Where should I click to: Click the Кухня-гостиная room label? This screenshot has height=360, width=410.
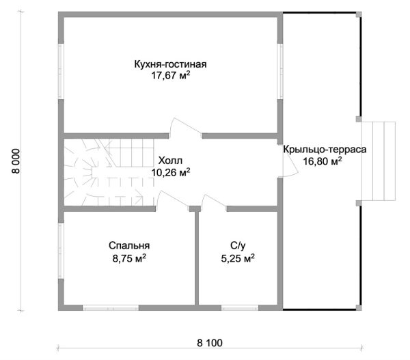[170, 64]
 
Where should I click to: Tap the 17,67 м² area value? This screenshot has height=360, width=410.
[170, 76]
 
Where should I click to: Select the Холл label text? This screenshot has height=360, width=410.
[170, 161]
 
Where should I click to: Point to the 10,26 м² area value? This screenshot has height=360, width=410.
[170, 172]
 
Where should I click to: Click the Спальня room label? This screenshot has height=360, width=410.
[129, 246]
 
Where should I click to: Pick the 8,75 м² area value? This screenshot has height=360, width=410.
[129, 259]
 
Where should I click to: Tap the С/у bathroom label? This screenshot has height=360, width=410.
[238, 246]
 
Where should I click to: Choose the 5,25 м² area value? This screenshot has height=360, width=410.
[238, 259]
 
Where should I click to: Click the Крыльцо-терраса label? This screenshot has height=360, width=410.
[325, 150]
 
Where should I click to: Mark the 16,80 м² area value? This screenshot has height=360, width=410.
[323, 161]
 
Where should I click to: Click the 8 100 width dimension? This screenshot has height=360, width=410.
[210, 343]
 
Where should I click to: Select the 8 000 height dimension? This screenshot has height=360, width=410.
[16, 161]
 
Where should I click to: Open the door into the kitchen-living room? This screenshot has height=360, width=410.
[185, 128]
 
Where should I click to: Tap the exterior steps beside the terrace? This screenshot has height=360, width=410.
[379, 161]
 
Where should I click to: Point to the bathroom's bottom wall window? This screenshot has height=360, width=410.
[240, 307]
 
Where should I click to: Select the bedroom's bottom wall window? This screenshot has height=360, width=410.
[111, 307]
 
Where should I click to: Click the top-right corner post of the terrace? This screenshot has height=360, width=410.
[359, 14]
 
